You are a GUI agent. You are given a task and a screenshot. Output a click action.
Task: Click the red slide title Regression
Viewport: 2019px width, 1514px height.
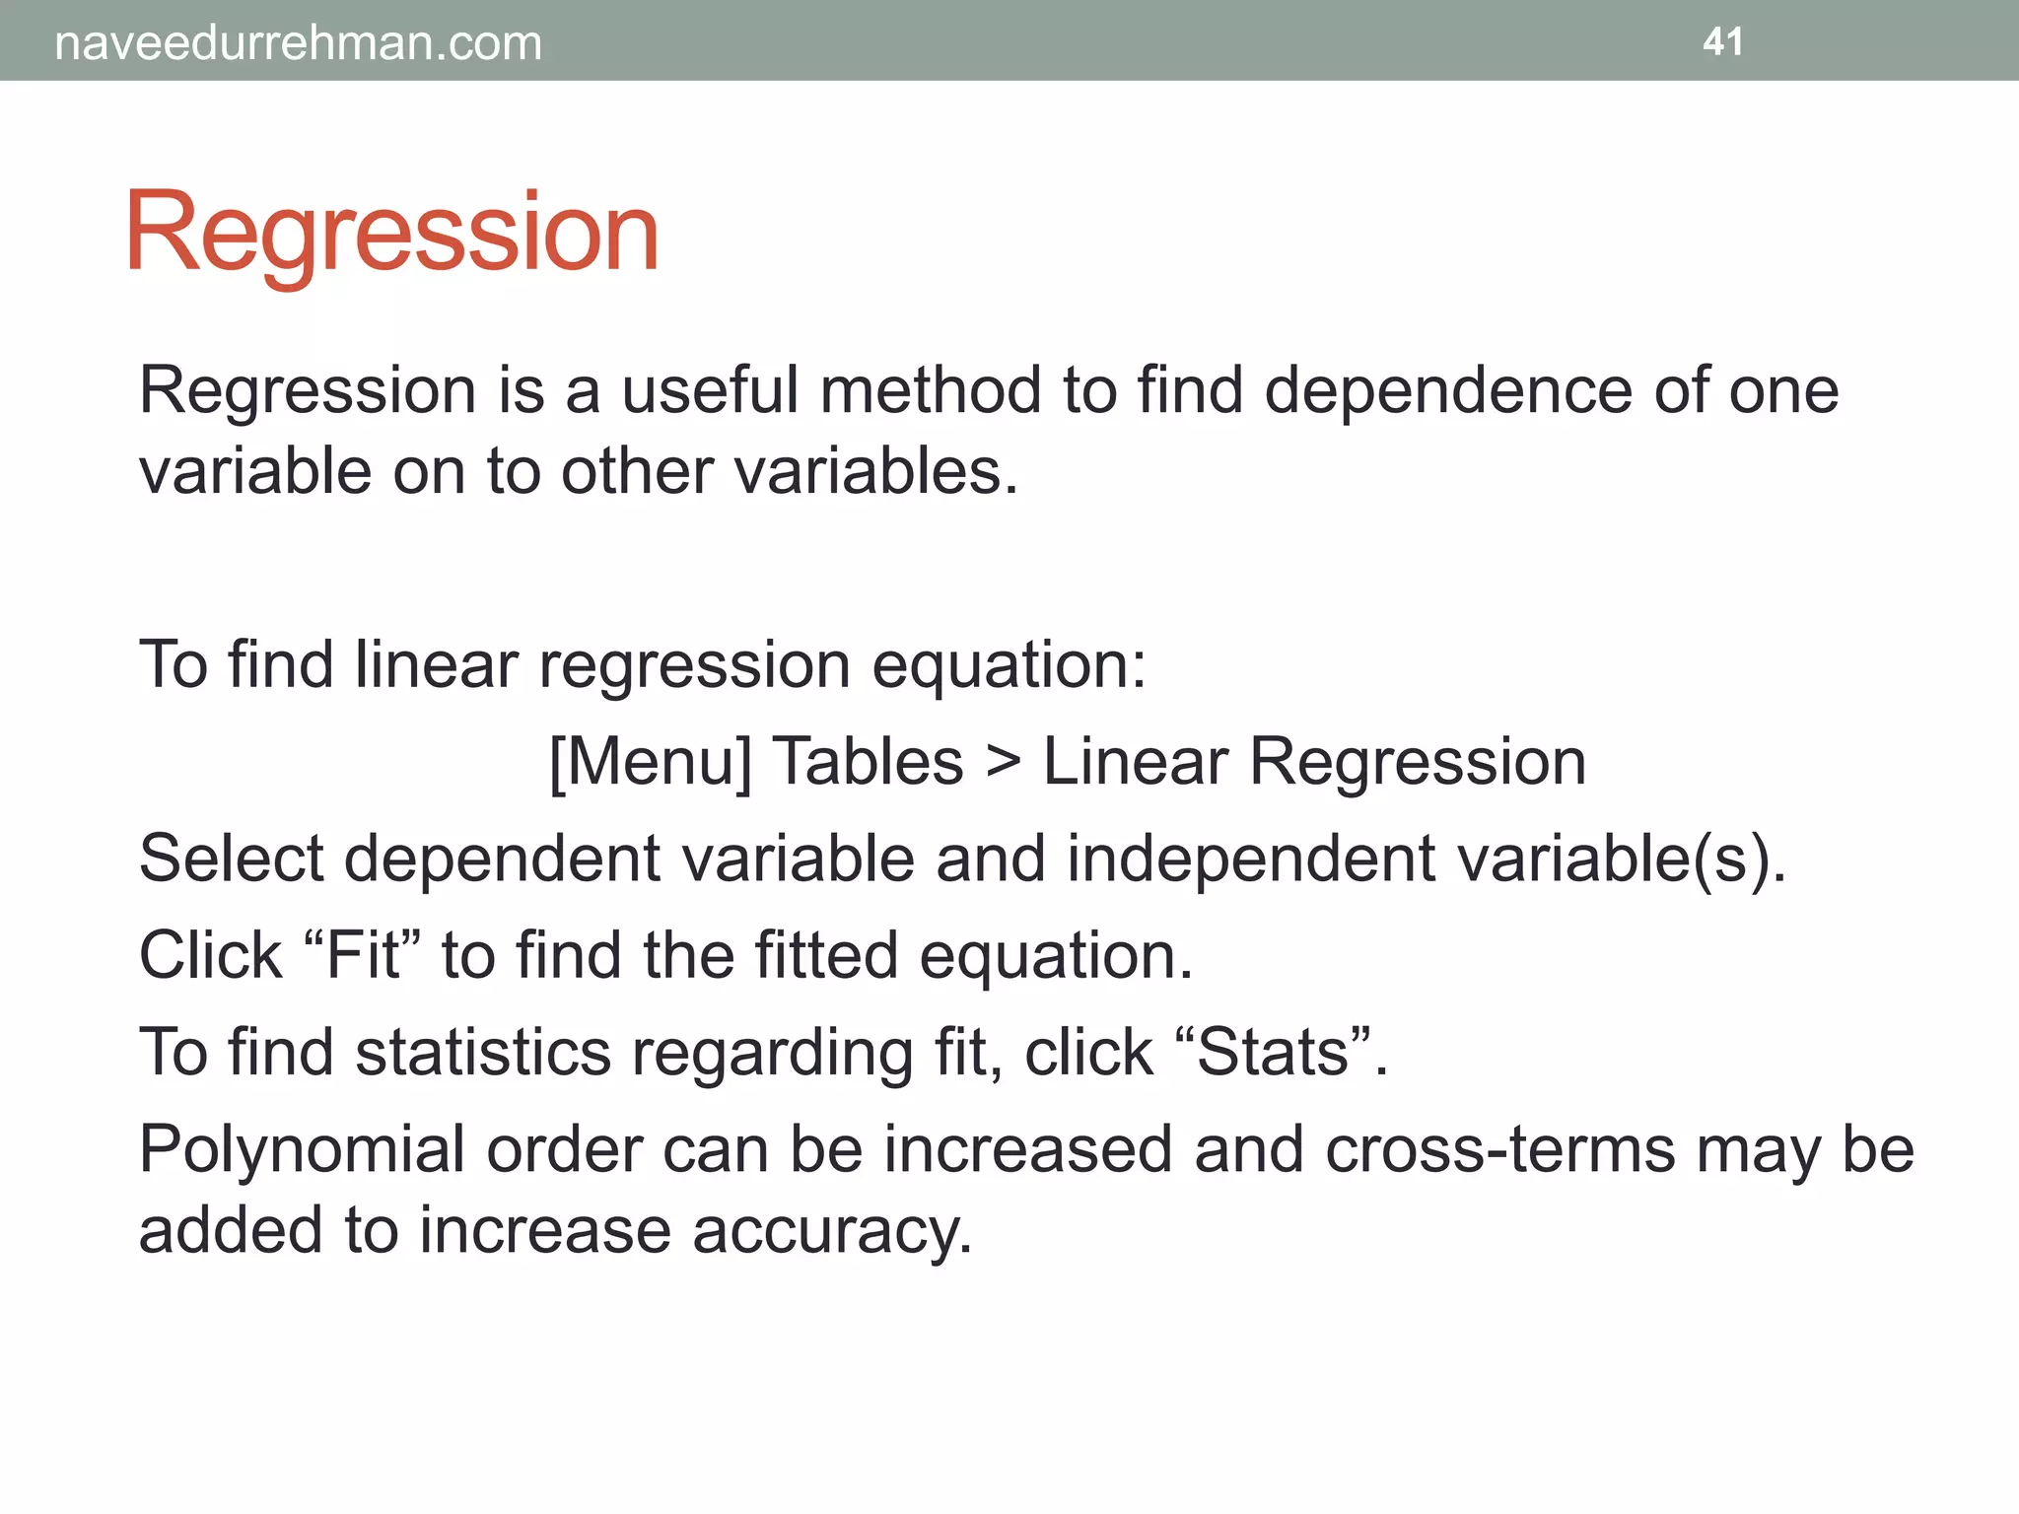(391, 234)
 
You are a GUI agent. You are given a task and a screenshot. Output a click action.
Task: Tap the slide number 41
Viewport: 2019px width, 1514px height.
(1722, 41)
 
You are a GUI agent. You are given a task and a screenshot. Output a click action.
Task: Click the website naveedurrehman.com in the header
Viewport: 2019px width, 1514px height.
(298, 43)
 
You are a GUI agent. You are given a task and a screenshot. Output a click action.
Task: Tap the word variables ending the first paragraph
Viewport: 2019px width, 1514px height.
(875, 471)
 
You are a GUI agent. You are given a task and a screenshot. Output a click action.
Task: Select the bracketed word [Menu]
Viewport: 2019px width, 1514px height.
(650, 762)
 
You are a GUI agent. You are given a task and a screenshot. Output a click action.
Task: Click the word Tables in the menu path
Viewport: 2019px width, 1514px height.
(868, 762)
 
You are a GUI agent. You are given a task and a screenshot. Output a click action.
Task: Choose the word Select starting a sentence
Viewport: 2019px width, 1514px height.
(231, 858)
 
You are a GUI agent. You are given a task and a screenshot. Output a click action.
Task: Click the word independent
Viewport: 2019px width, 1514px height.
(1250, 860)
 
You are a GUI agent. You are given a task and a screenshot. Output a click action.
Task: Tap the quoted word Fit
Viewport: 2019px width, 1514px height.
(363, 954)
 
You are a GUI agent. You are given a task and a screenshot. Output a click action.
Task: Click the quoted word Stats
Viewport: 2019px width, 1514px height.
(1273, 1052)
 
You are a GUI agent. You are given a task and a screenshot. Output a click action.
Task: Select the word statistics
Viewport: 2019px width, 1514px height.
(483, 1052)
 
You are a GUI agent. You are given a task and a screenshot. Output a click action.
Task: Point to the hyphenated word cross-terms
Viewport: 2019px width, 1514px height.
(1499, 1149)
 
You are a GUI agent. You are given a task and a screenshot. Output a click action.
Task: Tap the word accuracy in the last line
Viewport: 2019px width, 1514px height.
(832, 1232)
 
